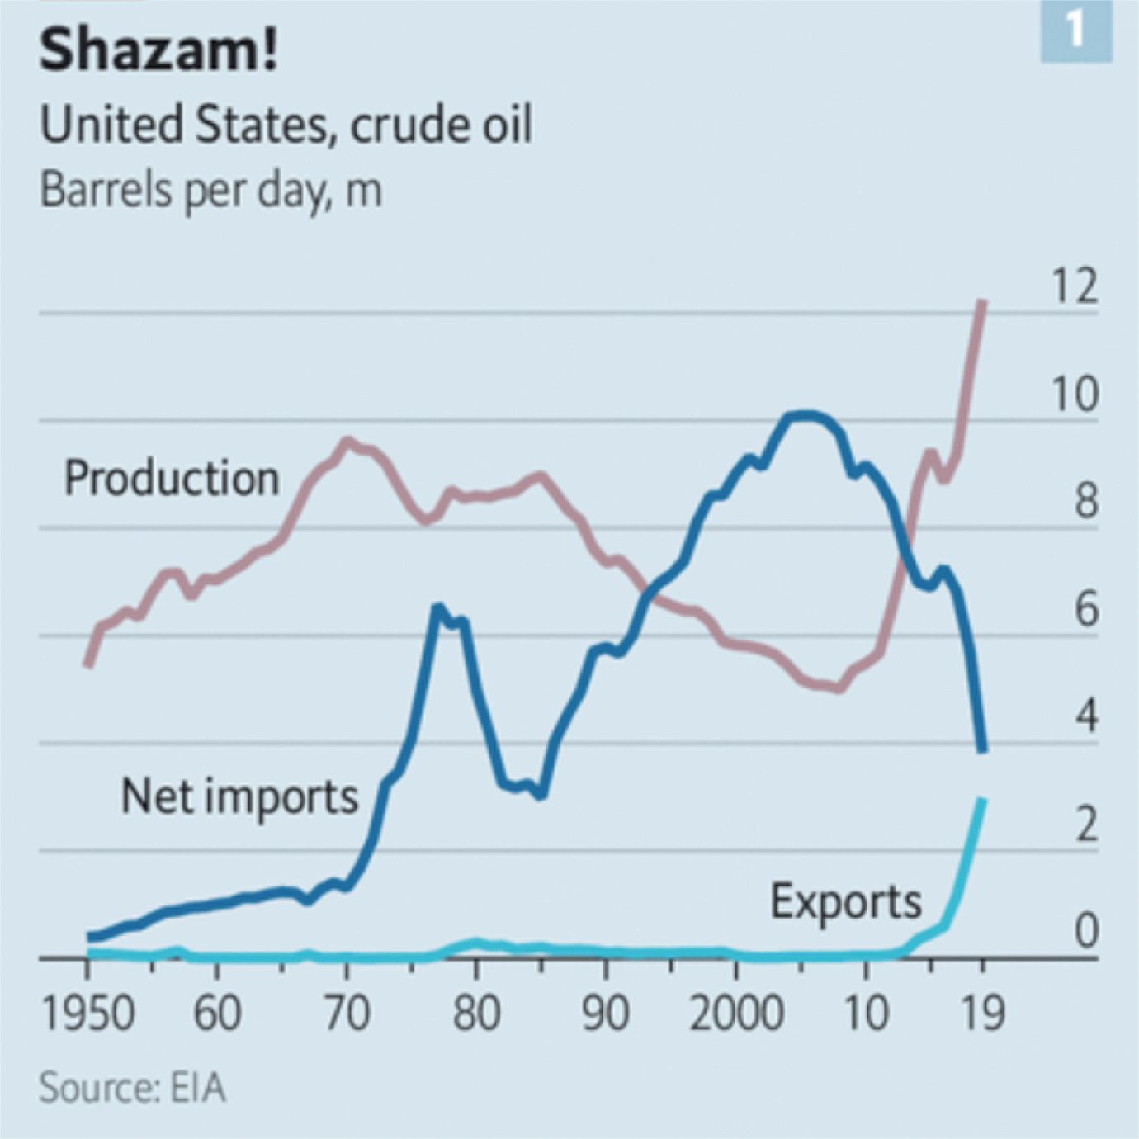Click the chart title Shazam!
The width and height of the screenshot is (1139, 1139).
158,50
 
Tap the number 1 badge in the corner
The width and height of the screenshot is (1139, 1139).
1075,31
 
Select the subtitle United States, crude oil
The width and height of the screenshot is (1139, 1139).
286,125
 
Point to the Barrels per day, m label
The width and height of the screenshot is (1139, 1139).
210,190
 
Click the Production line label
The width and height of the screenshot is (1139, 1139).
172,478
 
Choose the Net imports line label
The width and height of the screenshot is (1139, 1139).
239,796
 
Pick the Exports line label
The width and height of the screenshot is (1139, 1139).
845,900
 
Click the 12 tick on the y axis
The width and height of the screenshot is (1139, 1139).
1074,286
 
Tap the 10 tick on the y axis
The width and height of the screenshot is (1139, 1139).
1074,394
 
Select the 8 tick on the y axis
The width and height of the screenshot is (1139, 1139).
1085,501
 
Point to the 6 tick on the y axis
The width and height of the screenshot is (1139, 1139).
1085,609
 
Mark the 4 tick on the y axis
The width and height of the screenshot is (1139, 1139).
1085,716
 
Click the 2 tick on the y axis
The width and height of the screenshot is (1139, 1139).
1085,824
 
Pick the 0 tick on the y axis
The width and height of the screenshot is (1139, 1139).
1085,931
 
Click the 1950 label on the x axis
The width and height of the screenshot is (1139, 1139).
87,1013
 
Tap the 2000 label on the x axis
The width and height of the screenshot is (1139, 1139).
736,1013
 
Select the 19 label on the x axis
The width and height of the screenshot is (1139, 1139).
982,1013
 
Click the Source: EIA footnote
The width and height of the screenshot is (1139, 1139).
132,1087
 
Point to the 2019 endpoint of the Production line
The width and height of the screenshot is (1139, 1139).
982,303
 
